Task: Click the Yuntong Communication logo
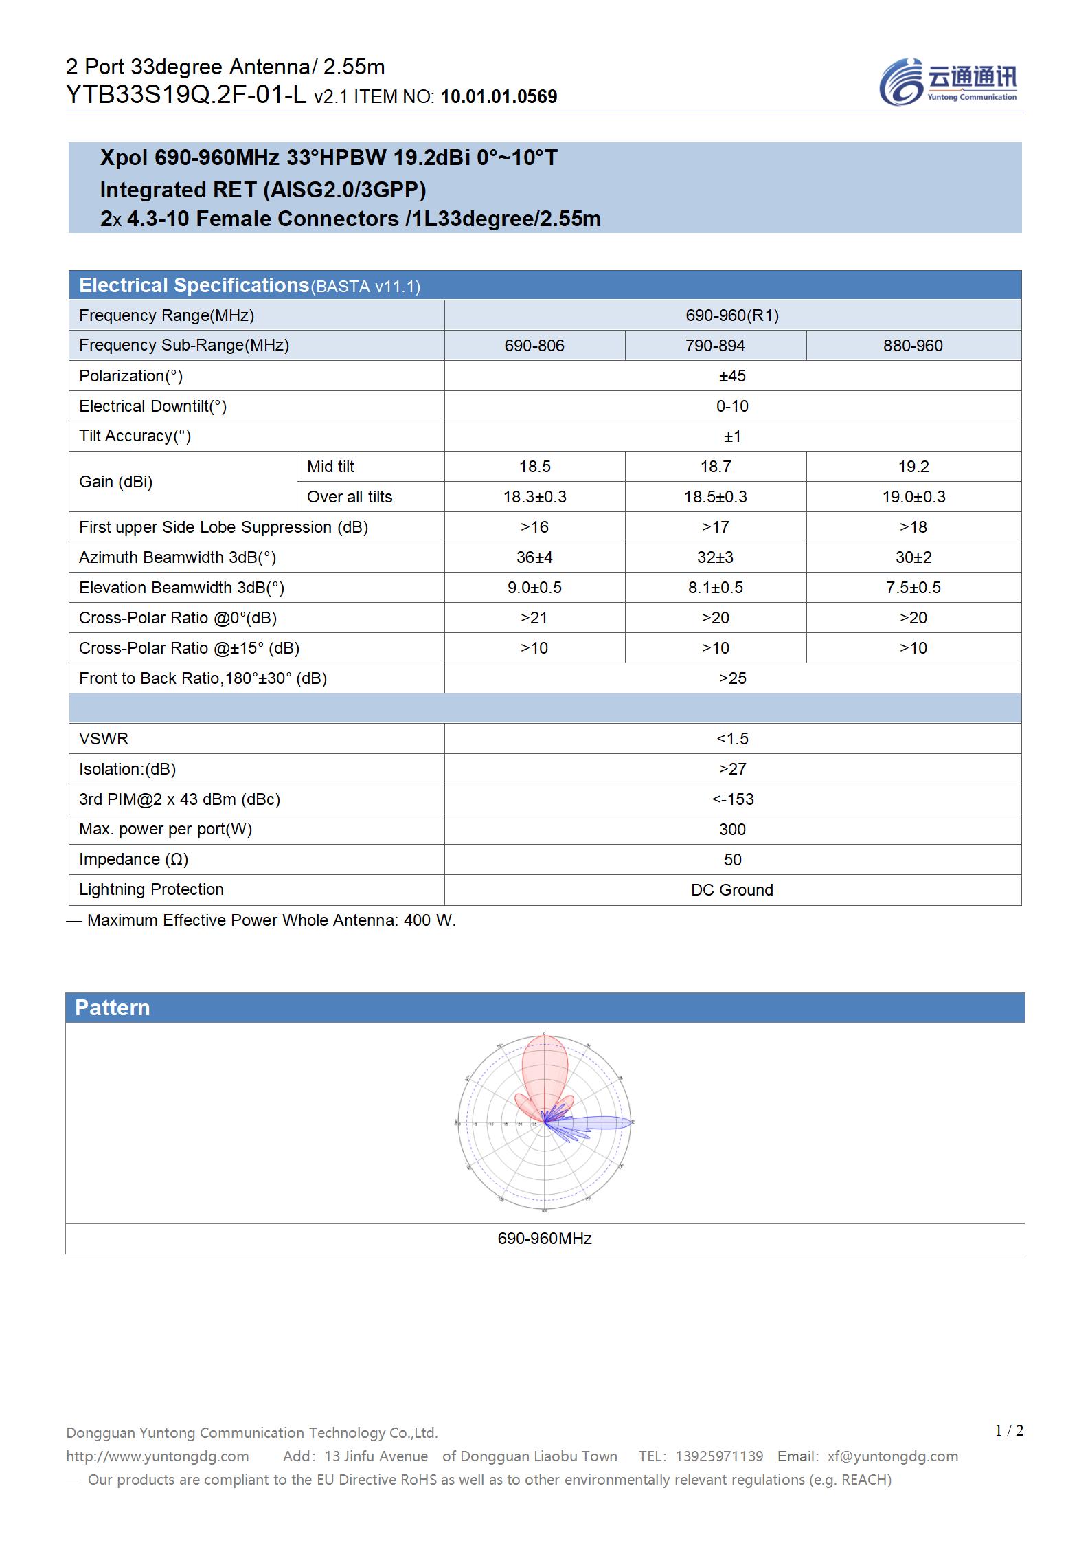coord(948,82)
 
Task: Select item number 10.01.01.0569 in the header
coord(499,97)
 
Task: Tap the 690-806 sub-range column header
coord(534,346)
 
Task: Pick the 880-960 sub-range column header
coord(913,346)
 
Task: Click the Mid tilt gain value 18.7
coord(715,467)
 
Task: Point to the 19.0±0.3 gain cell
coord(913,497)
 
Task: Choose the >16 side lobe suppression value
coord(534,527)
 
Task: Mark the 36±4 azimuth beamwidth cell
coord(534,557)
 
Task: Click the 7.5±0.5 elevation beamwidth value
coord(913,588)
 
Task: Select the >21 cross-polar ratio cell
coord(534,618)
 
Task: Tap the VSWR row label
coord(104,739)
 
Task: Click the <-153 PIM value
coord(733,799)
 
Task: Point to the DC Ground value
coord(732,890)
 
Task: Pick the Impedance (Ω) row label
coord(134,859)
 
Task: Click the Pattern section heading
coord(113,1008)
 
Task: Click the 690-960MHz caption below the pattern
coord(545,1239)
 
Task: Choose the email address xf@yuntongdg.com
coord(892,1456)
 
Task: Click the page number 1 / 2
coord(1009,1431)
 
